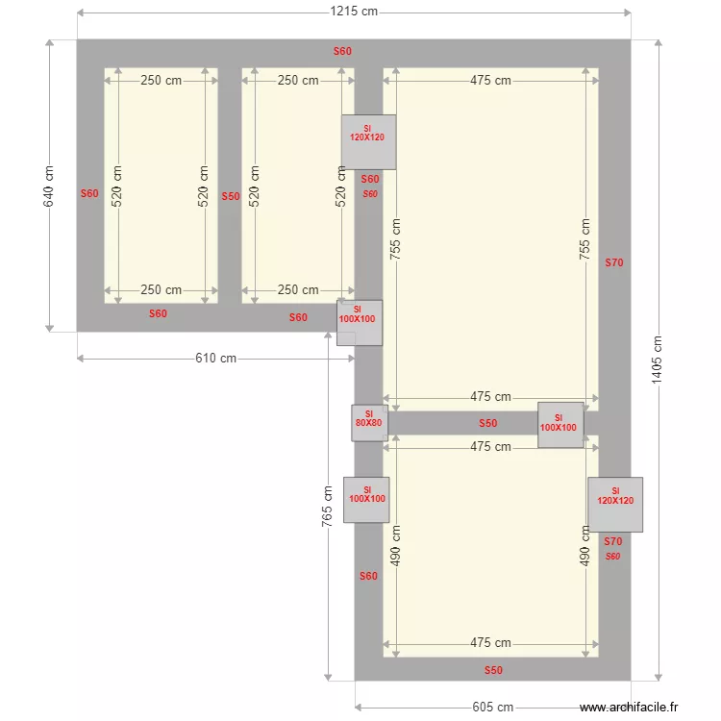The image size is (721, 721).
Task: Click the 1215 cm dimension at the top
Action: tap(353, 12)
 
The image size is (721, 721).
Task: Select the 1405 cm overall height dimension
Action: tap(658, 360)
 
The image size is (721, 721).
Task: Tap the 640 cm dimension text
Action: tap(50, 186)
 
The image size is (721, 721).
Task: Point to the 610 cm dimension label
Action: tap(215, 359)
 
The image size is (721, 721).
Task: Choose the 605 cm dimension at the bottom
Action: tap(492, 708)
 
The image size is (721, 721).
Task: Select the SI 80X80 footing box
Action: tap(369, 422)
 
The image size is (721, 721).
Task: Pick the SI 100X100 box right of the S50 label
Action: tap(559, 424)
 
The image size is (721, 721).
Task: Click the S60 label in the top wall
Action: tap(342, 52)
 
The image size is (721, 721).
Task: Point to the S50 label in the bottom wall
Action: tap(492, 670)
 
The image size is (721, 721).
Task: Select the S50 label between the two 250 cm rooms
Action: tap(230, 196)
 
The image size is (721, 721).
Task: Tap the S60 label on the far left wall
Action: tap(89, 193)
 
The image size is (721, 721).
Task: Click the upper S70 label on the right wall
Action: tap(613, 262)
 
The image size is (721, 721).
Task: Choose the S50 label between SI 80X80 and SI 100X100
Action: tap(488, 423)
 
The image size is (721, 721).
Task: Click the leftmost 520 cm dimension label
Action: tap(117, 186)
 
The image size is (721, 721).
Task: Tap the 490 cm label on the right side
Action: tap(584, 545)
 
